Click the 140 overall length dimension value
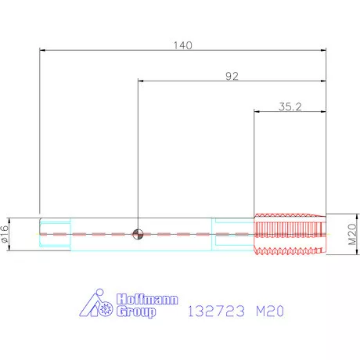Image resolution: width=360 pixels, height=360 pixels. tap(183, 45)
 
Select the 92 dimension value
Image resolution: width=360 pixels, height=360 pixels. tap(232, 76)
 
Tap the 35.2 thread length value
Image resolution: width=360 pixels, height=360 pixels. tap(290, 106)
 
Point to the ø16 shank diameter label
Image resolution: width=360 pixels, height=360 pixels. tap(5, 234)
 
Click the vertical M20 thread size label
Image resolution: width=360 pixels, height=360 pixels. tap(352, 234)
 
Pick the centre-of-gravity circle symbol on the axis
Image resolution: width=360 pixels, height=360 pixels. tap(138, 234)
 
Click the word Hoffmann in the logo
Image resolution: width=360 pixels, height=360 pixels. tap(147, 299)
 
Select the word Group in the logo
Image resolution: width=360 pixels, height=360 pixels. tap(136, 311)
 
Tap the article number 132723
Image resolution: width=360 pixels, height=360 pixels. tap(216, 311)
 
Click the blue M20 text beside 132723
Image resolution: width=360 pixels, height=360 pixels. tap(270, 311)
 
